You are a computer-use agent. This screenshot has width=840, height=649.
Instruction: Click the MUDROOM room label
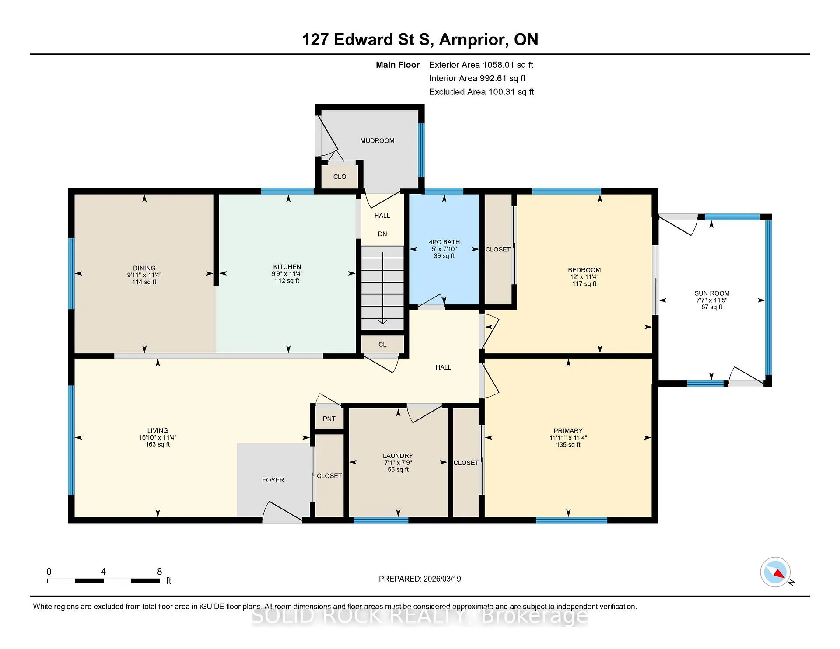click(x=377, y=141)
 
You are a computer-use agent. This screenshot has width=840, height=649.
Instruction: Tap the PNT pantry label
click(x=329, y=419)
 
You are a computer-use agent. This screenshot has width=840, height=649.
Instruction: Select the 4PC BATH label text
click(x=444, y=242)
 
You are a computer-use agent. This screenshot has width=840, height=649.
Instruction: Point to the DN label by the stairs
click(x=382, y=234)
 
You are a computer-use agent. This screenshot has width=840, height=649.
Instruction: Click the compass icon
click(x=775, y=572)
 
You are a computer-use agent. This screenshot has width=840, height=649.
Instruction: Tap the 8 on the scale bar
click(x=160, y=572)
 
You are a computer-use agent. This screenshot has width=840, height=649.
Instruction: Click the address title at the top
click(x=420, y=40)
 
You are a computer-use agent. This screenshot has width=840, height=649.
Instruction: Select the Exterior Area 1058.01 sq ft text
click(x=481, y=65)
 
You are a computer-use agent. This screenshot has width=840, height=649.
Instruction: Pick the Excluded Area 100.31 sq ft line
click(x=481, y=92)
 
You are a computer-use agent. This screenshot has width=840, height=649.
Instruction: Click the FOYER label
click(x=273, y=480)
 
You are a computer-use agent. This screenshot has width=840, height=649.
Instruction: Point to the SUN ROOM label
click(x=712, y=293)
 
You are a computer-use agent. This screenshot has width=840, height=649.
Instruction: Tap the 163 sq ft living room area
click(x=157, y=444)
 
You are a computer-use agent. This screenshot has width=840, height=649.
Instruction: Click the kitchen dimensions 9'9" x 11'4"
click(x=287, y=274)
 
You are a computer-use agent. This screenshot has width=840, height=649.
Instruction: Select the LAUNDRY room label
click(x=398, y=456)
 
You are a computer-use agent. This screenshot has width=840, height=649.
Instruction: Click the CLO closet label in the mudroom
click(x=339, y=177)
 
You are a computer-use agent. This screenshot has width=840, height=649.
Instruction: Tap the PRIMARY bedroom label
click(x=568, y=431)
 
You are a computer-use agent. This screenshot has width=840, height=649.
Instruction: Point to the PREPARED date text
click(x=420, y=579)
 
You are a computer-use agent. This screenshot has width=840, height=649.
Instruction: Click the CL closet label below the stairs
click(x=382, y=345)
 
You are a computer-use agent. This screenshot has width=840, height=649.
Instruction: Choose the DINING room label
click(x=144, y=268)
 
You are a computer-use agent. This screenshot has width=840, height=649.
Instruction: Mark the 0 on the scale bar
click(x=49, y=572)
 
